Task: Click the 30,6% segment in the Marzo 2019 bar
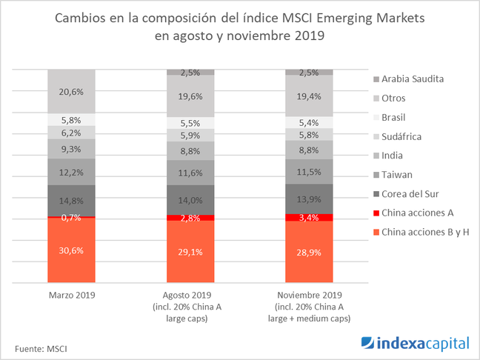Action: click(72, 250)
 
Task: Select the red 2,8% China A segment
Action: click(190, 218)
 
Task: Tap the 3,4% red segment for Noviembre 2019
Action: click(309, 217)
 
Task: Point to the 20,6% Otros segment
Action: click(72, 91)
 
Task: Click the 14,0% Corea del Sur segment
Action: click(190, 199)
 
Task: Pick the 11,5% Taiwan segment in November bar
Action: click(309, 172)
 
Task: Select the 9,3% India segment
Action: click(72, 149)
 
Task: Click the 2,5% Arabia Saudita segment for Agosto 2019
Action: click(190, 72)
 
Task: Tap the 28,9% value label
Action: click(309, 251)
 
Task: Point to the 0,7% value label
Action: click(72, 218)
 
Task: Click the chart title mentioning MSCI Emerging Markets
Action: click(239, 27)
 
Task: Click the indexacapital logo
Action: click(415, 342)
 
